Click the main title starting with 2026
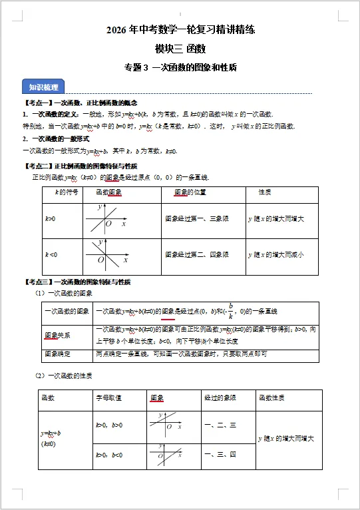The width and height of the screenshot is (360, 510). [x=180, y=31]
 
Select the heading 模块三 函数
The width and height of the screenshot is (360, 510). [x=180, y=49]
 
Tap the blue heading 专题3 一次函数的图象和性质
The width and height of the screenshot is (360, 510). [x=180, y=67]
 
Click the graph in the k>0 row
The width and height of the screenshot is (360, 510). [x=110, y=219]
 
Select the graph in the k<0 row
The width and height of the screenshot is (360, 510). [x=110, y=255]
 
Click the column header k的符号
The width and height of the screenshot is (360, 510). [x=61, y=193]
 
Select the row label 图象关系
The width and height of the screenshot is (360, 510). [x=57, y=335]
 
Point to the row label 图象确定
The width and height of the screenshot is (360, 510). [x=57, y=354]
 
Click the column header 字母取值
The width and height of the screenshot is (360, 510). [x=109, y=398]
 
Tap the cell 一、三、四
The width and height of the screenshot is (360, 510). [x=220, y=455]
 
